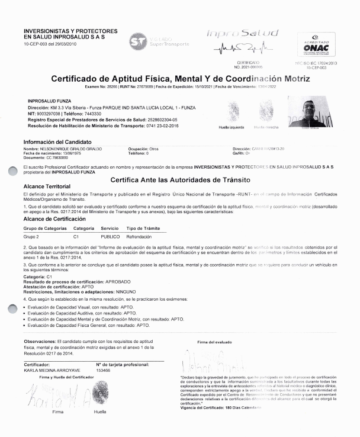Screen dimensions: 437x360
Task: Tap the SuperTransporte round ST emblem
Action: (138, 41)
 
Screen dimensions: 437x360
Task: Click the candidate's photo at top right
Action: (310, 113)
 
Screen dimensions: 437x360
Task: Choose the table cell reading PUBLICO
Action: (110, 236)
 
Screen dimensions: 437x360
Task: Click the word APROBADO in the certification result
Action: (118, 281)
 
